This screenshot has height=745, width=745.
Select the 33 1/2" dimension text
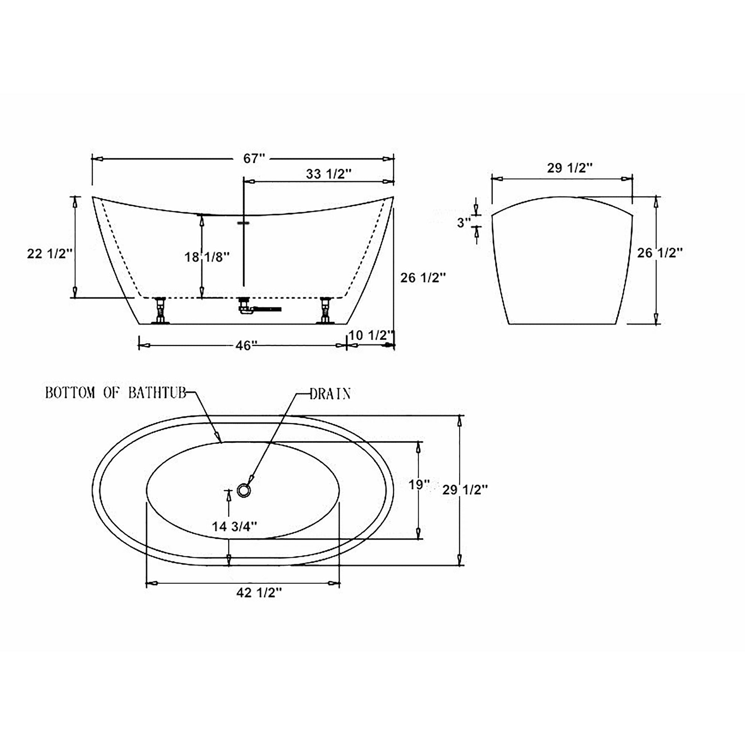pos(329,174)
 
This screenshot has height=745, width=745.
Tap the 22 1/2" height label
pos(50,254)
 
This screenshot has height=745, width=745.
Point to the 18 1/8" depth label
pos(207,257)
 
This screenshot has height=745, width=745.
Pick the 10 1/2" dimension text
pos(371,335)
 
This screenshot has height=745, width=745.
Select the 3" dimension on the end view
pos(464,222)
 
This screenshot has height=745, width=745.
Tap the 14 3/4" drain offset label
pos(234,526)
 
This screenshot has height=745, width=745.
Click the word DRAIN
pos(330,394)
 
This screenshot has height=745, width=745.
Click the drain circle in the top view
pos(244,490)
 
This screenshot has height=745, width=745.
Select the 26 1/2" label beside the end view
pos(660,253)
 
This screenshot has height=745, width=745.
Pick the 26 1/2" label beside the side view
pos(423,278)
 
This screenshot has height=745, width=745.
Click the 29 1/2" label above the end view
pos(570,168)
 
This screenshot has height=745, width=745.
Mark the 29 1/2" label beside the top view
pos(465,490)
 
